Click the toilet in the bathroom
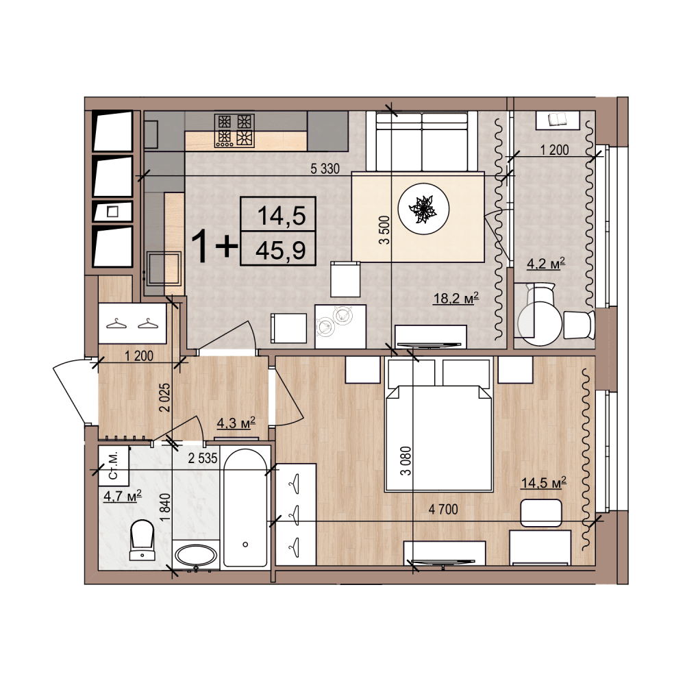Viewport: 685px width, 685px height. tap(142, 540)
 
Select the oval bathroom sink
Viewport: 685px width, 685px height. tap(195, 556)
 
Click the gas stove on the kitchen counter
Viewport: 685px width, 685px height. tap(234, 130)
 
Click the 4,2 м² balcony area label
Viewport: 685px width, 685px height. tap(546, 264)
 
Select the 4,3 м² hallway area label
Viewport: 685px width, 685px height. tap(236, 423)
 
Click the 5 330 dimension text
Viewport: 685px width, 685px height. tap(325, 169)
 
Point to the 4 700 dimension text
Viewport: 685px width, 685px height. tap(443, 509)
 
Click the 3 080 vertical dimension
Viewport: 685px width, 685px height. tap(406, 460)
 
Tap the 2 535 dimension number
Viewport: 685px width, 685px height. tap(203, 458)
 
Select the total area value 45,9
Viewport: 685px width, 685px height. tap(280, 250)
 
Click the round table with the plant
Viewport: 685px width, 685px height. tap(424, 209)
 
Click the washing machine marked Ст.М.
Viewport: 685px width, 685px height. tap(114, 466)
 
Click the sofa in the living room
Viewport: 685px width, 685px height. tap(421, 141)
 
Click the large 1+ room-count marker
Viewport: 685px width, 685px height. tap(214, 246)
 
